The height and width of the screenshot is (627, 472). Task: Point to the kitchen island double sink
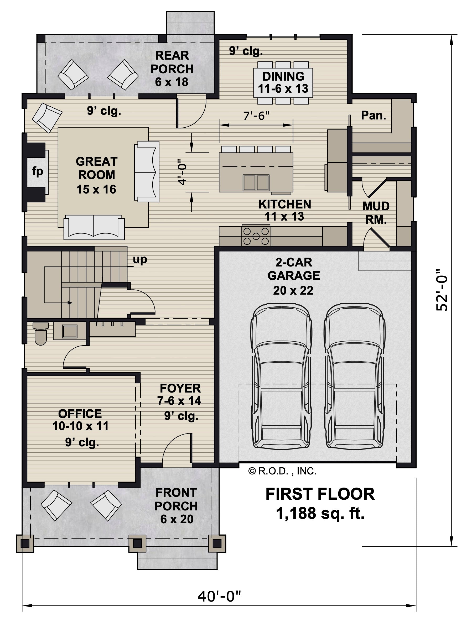click(256, 182)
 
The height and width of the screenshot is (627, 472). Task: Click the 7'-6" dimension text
click(256, 115)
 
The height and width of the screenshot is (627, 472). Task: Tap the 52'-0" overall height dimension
click(442, 290)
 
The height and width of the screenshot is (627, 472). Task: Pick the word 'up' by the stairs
click(140, 259)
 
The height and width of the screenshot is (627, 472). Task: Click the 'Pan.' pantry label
click(373, 115)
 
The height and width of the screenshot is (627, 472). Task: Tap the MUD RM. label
click(376, 213)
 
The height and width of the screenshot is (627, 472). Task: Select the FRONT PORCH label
click(176, 499)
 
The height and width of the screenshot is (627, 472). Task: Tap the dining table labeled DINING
click(283, 83)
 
